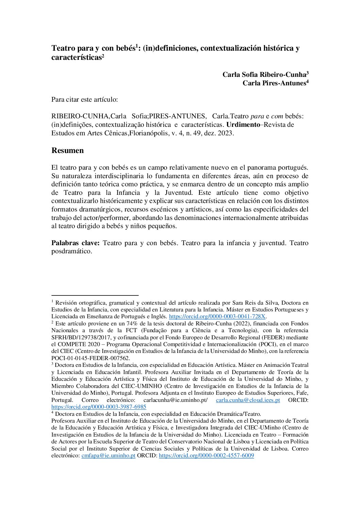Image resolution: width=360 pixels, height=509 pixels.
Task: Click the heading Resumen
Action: pyautogui.click(x=67, y=151)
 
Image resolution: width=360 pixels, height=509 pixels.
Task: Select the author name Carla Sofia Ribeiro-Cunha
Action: pyautogui.click(x=264, y=74)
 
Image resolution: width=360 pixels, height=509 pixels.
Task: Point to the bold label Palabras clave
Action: pyautogui.click(x=75, y=243)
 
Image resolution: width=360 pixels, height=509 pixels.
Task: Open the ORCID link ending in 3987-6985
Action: pyautogui.click(x=99, y=407)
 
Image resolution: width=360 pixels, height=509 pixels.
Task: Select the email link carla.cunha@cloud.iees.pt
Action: pyautogui.click(x=248, y=400)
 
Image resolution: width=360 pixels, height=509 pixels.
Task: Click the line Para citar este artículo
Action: pyautogui.click(x=84, y=100)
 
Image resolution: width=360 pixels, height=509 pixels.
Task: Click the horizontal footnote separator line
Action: pyautogui.click(x=95, y=295)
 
